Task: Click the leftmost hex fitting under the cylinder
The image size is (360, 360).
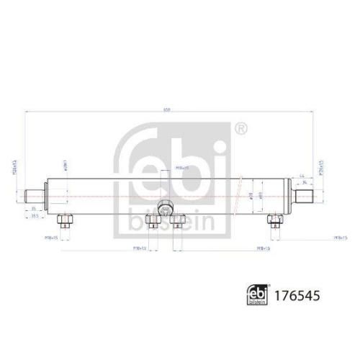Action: coord(63,220)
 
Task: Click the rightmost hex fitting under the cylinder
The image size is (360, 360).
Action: coord(273,220)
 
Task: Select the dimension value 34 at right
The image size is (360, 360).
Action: coord(305,181)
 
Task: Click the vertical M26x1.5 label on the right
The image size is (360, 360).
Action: coord(321,170)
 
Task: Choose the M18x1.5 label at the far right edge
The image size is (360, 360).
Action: coord(341,236)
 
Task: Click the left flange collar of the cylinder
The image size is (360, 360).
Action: coord(48,194)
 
